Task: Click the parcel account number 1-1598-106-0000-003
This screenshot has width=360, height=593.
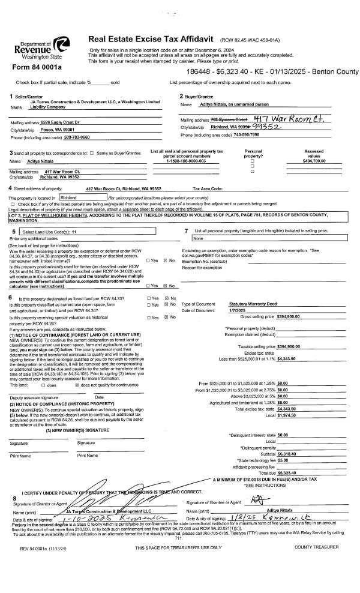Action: tap(185, 161)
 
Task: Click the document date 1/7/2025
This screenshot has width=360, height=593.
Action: tap(238, 310)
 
